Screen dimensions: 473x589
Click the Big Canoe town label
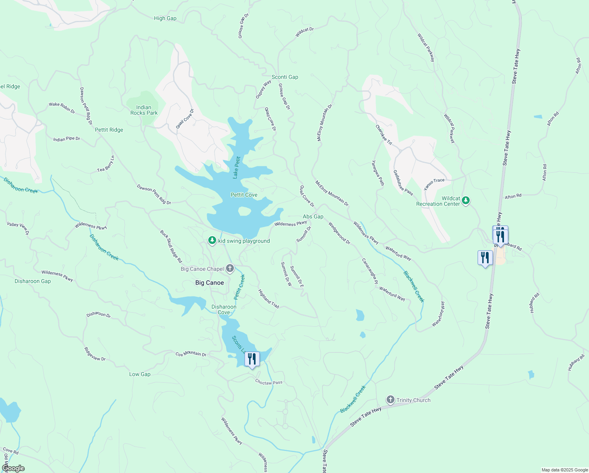pos(209,283)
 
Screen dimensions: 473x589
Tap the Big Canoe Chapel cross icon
pos(230,268)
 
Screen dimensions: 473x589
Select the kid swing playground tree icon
pos(212,240)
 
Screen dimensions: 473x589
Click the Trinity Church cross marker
pos(390,400)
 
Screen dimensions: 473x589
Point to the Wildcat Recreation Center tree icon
pos(466,200)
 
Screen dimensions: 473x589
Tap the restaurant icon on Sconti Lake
pos(252,359)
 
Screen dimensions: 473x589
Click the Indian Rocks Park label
pos(144,110)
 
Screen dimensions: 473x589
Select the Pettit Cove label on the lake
pos(244,195)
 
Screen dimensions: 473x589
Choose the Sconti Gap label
pos(285,77)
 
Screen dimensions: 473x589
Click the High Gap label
pos(165,18)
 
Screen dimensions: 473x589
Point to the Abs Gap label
pos(313,216)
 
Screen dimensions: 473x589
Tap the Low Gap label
pos(140,374)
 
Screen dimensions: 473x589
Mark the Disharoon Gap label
pos(33,281)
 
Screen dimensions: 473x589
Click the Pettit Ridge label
pos(109,130)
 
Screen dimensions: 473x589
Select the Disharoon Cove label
pos(224,309)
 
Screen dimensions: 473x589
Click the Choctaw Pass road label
pos(269,382)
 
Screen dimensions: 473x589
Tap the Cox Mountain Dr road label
pos(191,354)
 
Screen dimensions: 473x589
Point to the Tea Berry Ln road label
pos(106,164)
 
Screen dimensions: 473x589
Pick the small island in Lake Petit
pos(244,211)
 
